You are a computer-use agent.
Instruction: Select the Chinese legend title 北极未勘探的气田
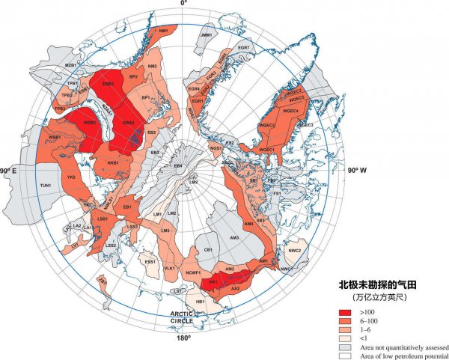pyautogui.click(x=379, y=286)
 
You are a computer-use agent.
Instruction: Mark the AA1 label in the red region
pyautogui.click(x=213, y=281)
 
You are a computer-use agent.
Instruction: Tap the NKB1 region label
pyautogui.click(x=114, y=163)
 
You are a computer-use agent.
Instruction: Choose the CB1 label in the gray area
pyautogui.click(x=210, y=249)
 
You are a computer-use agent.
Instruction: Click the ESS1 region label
pyautogui.click(x=150, y=262)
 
